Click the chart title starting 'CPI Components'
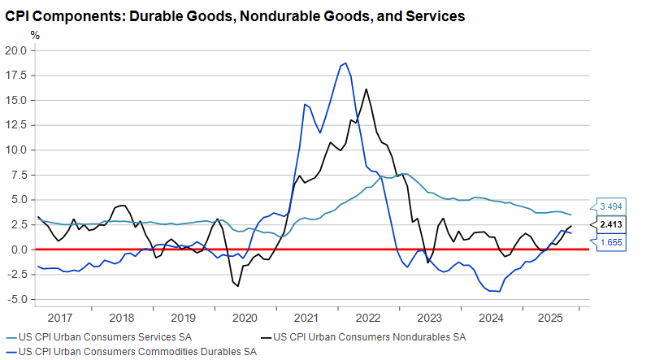click(x=235, y=15)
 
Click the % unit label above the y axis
click(x=34, y=35)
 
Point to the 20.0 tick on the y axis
click(x=16, y=50)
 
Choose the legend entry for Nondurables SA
click(x=370, y=336)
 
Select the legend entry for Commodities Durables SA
click(x=136, y=352)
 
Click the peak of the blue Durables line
click(x=346, y=63)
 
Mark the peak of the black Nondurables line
click(x=367, y=89)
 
